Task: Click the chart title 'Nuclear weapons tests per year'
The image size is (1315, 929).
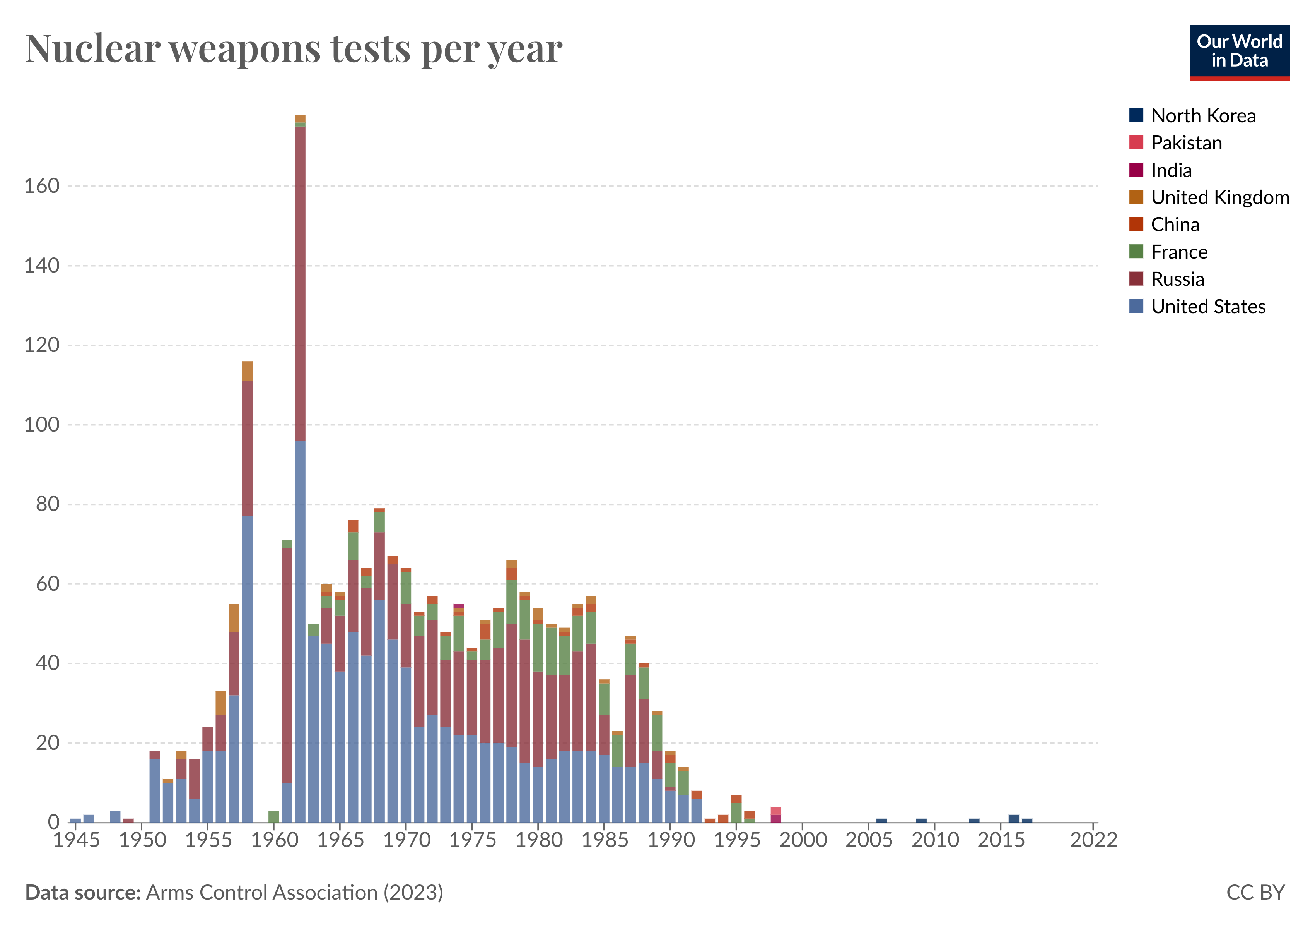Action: point(294,49)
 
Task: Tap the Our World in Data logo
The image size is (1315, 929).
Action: point(1239,51)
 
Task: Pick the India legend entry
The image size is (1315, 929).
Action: point(1171,170)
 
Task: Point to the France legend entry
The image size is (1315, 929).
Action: point(1179,252)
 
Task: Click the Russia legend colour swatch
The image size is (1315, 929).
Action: point(1136,279)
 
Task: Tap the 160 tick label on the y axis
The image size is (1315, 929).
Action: point(42,186)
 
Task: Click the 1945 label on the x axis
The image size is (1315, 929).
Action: point(76,840)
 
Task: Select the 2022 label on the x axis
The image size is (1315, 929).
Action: point(1093,840)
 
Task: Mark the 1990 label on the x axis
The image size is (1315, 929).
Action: point(671,840)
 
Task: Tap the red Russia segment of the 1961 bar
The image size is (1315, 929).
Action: point(287,665)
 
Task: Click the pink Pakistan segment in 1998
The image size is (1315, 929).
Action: point(776,811)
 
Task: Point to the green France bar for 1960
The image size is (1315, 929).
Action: point(274,816)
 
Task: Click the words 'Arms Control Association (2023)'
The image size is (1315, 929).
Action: point(294,892)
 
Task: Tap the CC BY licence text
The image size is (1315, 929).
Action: point(1255,892)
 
